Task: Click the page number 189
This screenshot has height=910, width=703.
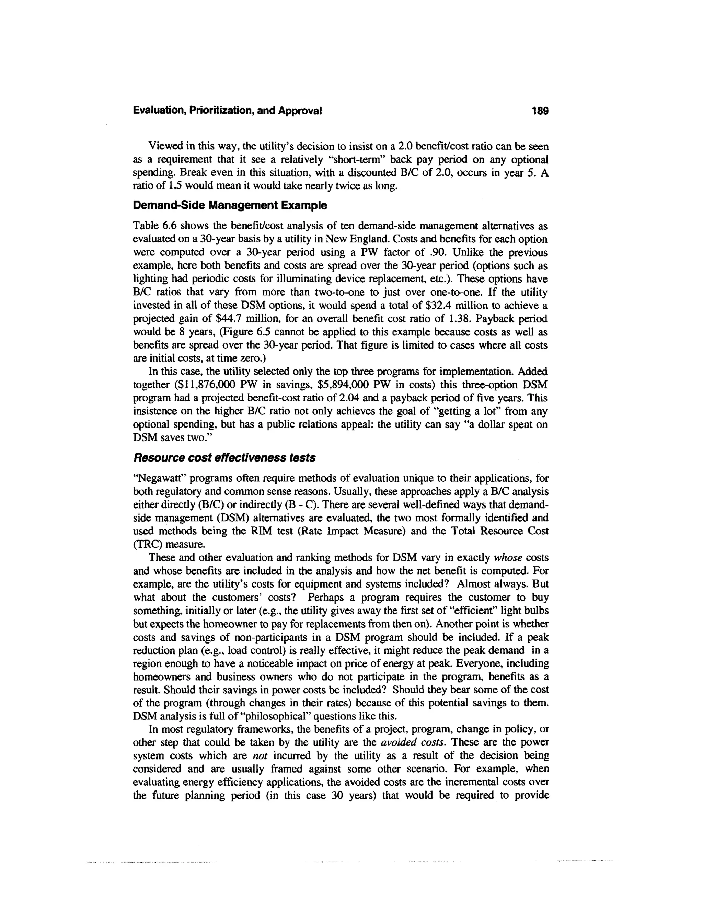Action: coord(540,111)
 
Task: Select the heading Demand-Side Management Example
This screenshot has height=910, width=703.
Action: coord(230,205)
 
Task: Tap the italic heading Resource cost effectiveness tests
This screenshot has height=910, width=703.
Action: coord(224,458)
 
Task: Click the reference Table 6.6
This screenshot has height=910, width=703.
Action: coord(154,226)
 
